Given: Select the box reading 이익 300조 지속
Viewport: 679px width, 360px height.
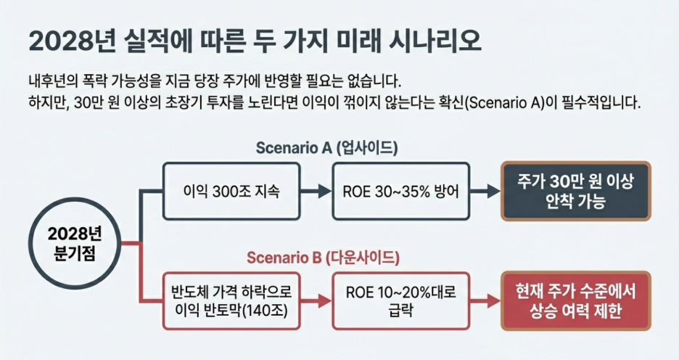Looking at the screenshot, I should click(x=230, y=192).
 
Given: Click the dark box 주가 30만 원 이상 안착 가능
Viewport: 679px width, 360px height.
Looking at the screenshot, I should click(x=576, y=192).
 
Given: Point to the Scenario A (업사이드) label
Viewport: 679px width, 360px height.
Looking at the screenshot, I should click(x=326, y=148).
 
